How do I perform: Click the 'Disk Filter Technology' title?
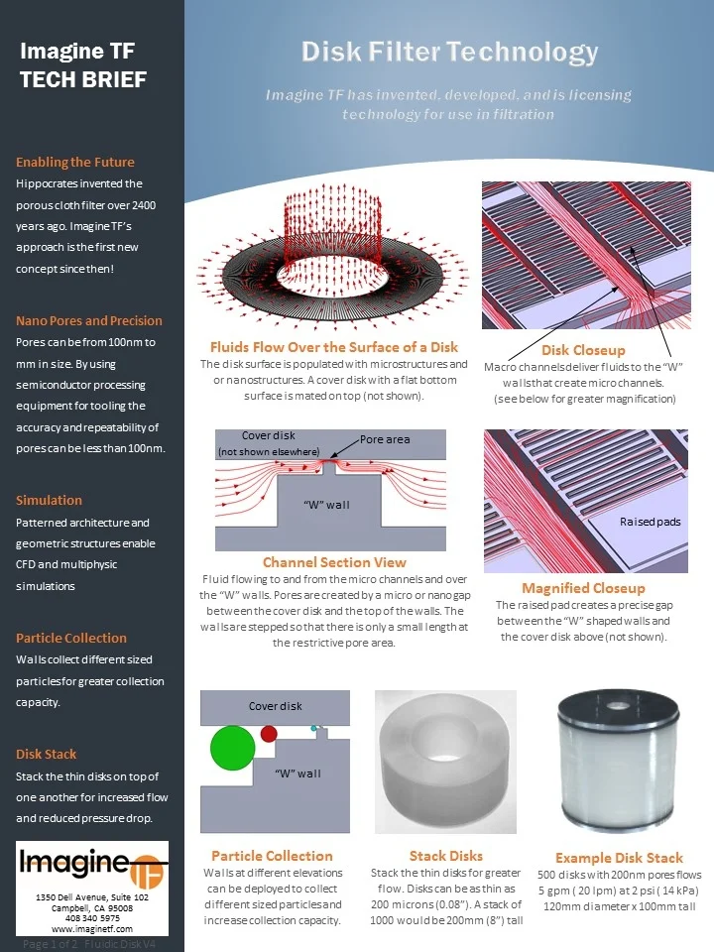[x=449, y=52]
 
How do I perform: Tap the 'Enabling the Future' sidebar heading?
[x=75, y=162]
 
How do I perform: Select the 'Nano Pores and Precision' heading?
[x=89, y=320]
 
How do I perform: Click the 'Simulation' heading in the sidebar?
[x=49, y=500]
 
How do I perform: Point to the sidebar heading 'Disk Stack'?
[x=46, y=754]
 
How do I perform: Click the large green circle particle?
[x=233, y=745]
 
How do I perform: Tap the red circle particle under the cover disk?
[x=269, y=734]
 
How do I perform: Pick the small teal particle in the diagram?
[x=314, y=729]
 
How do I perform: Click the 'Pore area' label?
[x=385, y=439]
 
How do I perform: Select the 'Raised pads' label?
[x=650, y=522]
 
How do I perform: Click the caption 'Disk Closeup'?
[x=583, y=350]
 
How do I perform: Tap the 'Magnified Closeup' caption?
[x=583, y=588]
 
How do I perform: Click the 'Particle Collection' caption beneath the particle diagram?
[x=272, y=856]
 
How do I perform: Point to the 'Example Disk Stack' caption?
[x=619, y=858]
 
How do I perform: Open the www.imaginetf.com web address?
[x=92, y=929]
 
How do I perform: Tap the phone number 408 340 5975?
[x=92, y=918]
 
